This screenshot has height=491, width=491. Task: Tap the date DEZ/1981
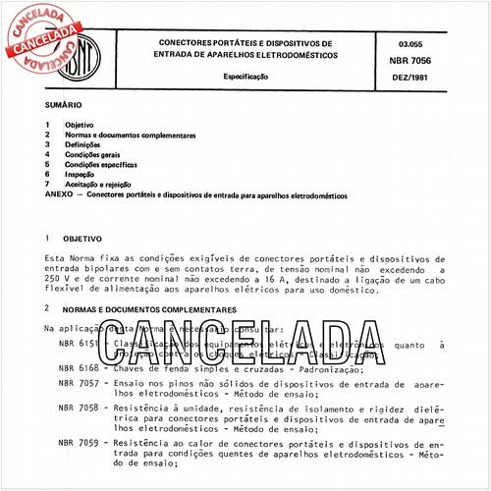click(416, 78)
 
